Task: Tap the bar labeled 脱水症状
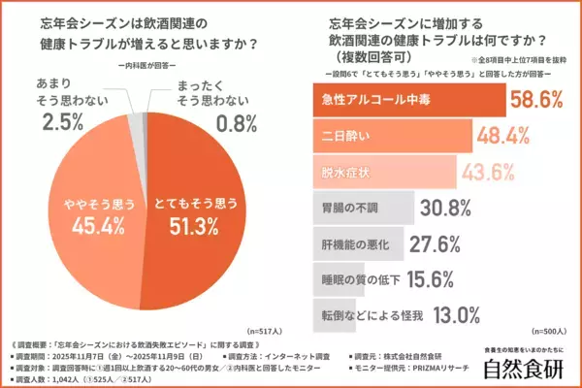pos(379,170)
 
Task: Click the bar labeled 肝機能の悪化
pos(360,242)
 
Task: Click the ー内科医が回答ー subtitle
pos(145,66)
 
